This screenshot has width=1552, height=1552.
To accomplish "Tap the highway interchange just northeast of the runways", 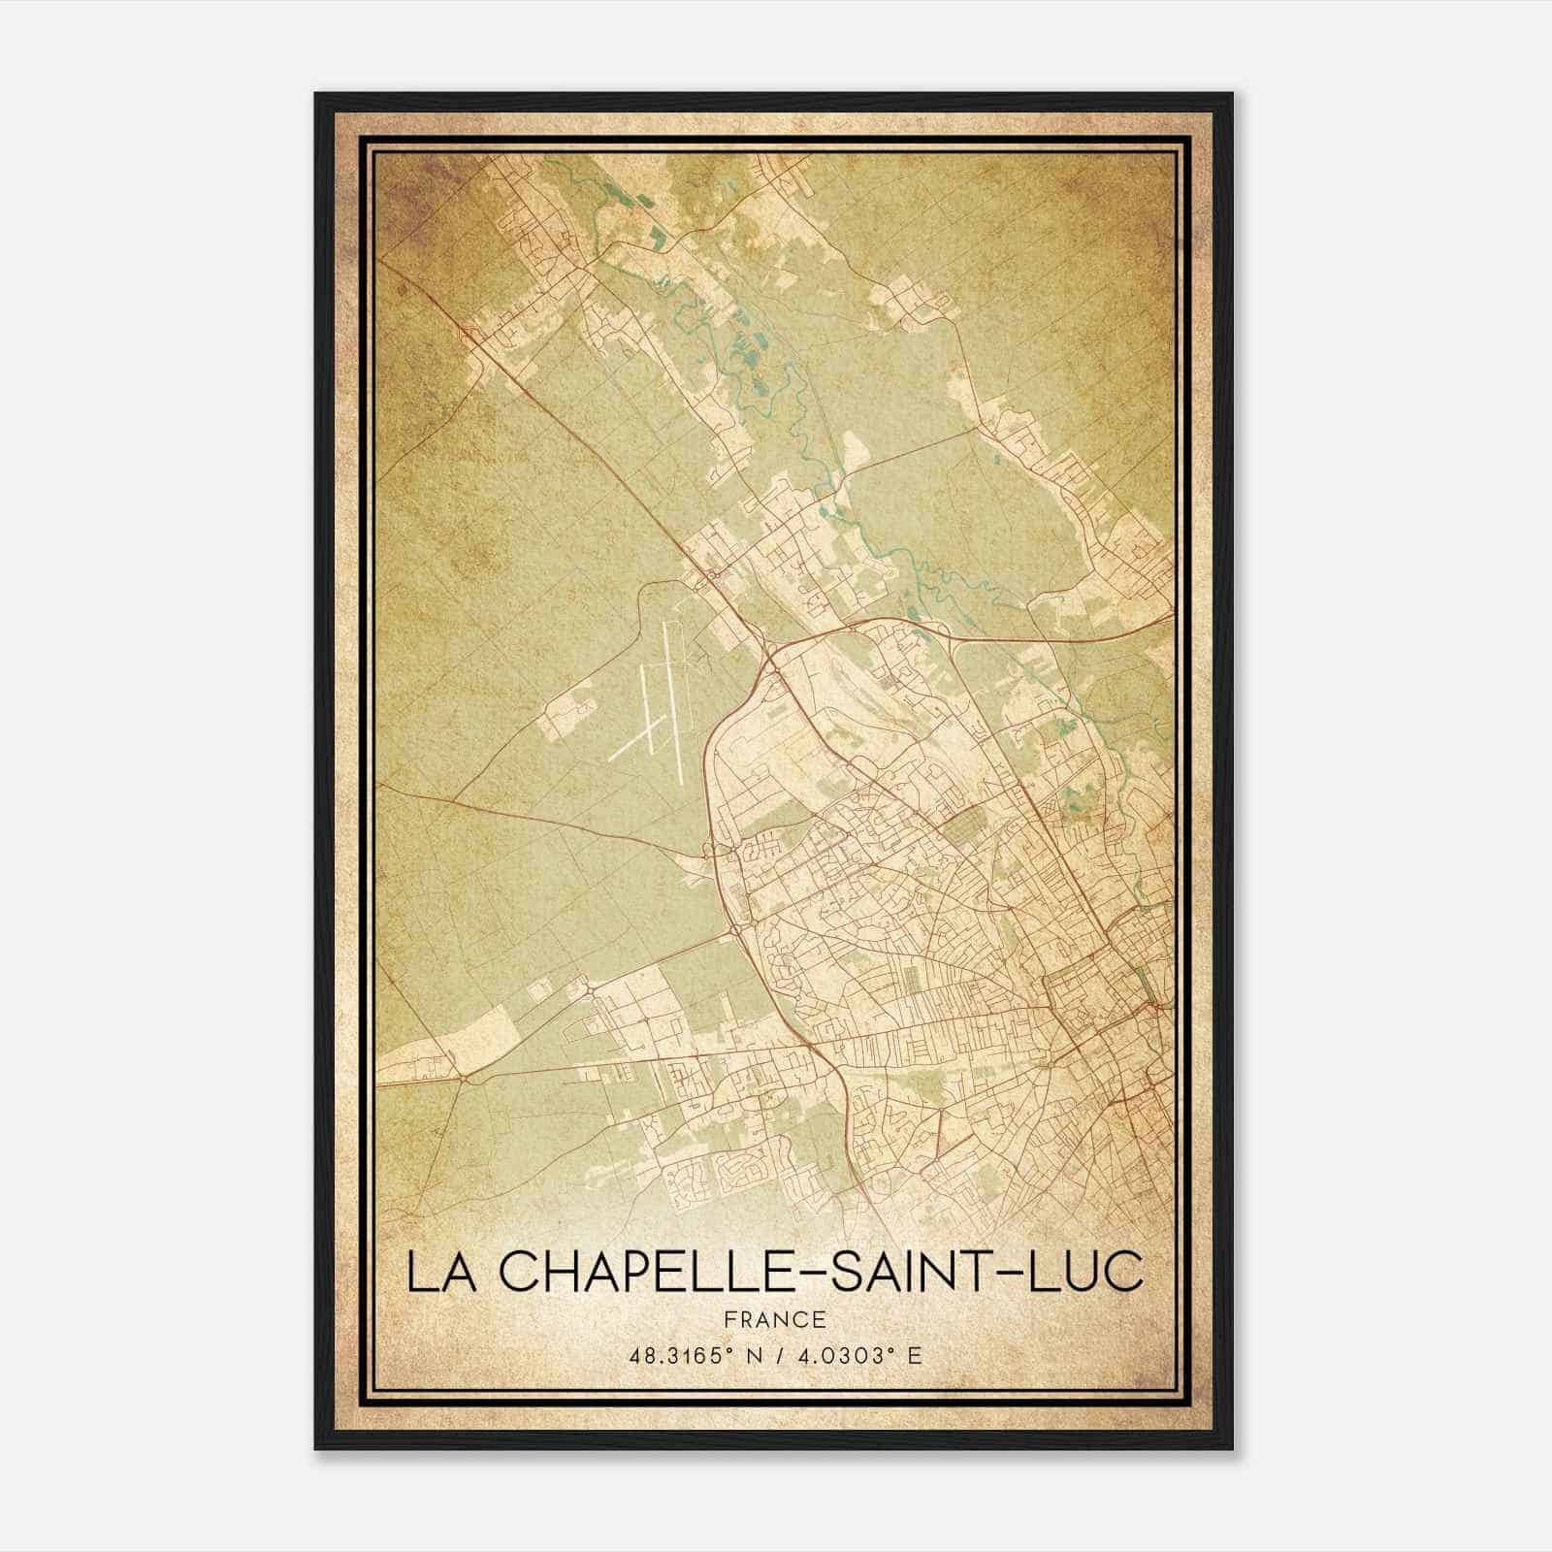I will pyautogui.click(x=769, y=663).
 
